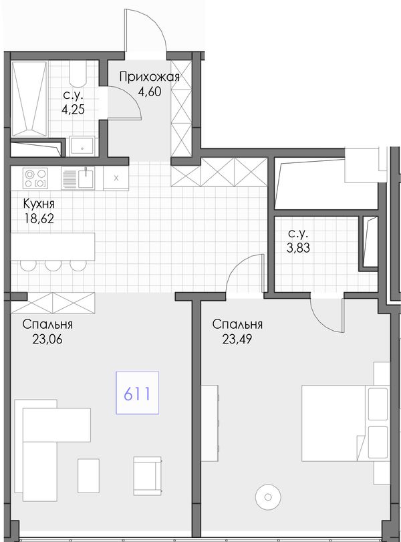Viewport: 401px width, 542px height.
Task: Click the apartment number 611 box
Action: click(x=137, y=393)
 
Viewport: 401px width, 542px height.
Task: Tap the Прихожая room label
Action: click(x=150, y=77)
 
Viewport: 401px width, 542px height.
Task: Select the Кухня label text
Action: click(x=39, y=204)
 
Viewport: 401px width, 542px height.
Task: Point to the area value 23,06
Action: click(x=47, y=340)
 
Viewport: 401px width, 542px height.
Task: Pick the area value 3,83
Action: click(x=298, y=248)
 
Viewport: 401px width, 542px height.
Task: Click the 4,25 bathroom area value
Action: click(x=73, y=110)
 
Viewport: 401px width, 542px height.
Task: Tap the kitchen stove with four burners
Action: click(x=35, y=178)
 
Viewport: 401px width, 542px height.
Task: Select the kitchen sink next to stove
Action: click(x=78, y=178)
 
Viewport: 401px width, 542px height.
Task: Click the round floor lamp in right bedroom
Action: click(x=268, y=497)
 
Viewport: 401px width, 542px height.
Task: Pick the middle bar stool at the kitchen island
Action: click(x=53, y=265)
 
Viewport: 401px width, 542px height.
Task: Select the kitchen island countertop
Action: click(x=53, y=247)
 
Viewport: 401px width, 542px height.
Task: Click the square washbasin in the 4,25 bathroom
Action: click(x=82, y=146)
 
